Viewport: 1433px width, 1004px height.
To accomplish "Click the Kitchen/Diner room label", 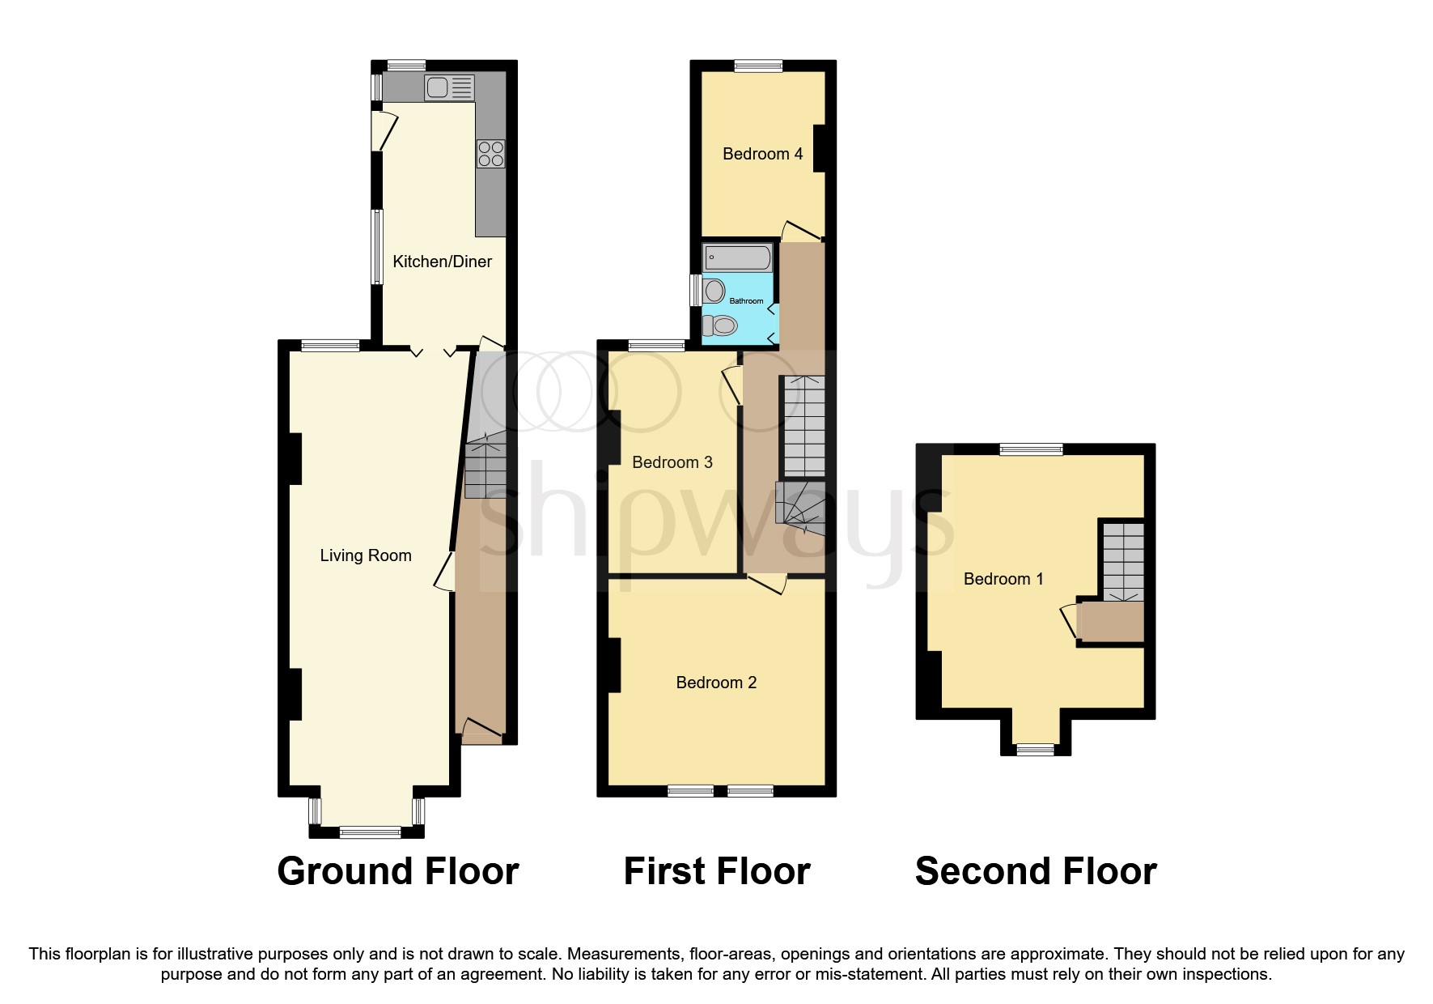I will coord(442,262).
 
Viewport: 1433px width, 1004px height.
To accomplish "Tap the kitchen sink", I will coord(438,87).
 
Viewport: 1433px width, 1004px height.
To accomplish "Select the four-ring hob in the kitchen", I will coord(491,154).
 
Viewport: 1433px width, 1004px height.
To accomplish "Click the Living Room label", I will coord(366,555).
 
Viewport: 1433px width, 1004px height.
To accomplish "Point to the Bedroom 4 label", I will coord(762,154).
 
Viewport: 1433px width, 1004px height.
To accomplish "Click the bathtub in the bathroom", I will coord(738,258).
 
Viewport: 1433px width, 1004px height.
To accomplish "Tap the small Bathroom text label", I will coord(746,301).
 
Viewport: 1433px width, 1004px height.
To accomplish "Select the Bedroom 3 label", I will coord(672,462).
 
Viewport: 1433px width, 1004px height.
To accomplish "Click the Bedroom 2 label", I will coord(716,683).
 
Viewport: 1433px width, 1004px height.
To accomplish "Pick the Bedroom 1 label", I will coord(1003,579).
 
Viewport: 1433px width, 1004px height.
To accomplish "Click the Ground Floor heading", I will coord(397,871).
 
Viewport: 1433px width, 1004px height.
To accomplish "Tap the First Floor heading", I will coord(716,871).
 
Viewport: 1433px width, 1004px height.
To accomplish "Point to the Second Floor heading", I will coord(1035,871).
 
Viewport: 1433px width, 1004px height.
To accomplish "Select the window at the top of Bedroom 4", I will coord(758,66).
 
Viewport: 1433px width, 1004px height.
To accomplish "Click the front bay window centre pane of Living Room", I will coord(370,832).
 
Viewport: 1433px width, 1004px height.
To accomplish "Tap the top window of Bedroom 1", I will coord(1031,449).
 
